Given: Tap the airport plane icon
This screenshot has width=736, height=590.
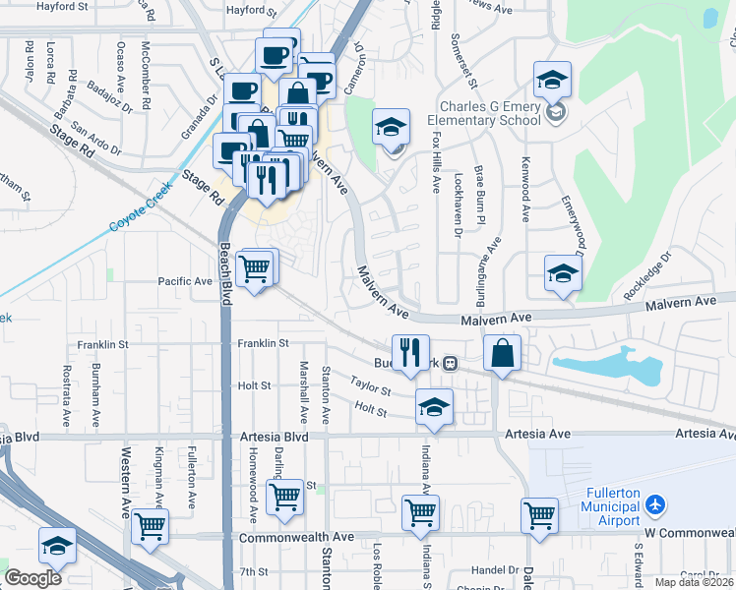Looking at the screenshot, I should pos(656,505).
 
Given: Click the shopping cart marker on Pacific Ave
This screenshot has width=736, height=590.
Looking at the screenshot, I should pos(255,266).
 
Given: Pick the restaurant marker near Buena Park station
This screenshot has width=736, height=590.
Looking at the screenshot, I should pos(410,351).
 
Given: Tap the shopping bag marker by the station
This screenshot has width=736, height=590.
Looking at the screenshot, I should pos(502,351).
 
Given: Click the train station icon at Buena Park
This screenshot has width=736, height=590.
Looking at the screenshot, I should pos(450,363).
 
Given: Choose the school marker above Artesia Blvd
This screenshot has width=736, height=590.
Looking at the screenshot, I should pos(433,406).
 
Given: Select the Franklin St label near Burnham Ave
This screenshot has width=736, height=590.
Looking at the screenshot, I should pos(103,345).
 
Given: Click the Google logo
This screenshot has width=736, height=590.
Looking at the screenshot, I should pos(32,579).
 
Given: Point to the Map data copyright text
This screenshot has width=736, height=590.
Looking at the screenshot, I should pos(694,582).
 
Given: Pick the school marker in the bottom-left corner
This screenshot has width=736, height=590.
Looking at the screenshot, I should pos(57,545).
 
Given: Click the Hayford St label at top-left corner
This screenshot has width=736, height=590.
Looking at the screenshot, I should pos(62,7).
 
